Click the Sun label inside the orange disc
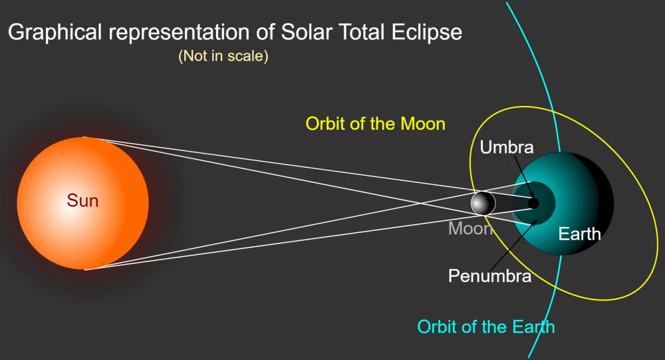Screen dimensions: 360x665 [82, 200]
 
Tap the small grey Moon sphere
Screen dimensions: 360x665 [483, 203]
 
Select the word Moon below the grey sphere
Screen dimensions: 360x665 [470, 229]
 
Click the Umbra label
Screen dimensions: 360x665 [507, 147]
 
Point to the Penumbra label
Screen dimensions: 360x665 [489, 275]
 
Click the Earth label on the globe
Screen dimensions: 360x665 [579, 234]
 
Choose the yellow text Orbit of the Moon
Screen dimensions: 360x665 [375, 124]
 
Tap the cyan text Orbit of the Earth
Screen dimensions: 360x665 [485, 327]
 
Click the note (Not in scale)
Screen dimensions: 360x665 [223, 57]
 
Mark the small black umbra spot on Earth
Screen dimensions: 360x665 [533, 203]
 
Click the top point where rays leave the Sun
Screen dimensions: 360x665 [84, 137]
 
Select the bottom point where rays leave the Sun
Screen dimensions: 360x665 [85, 270]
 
